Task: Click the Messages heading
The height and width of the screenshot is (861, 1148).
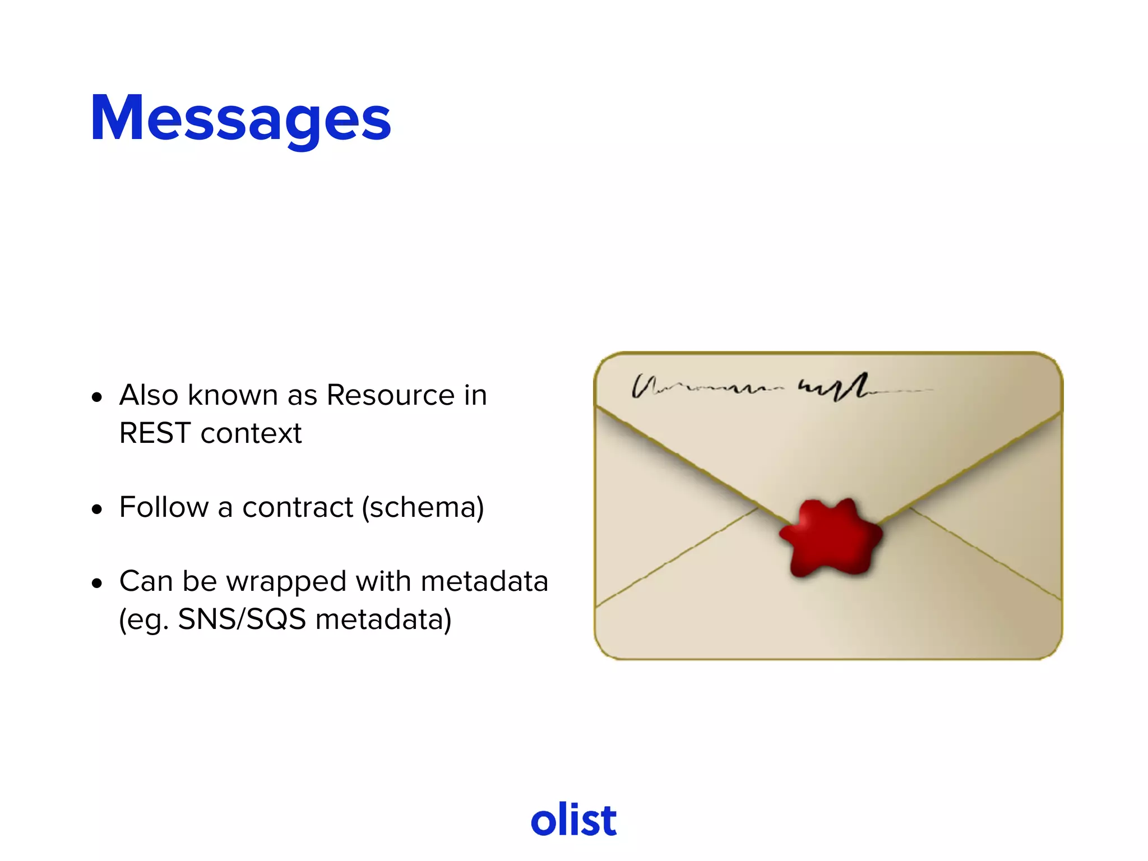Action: click(x=240, y=119)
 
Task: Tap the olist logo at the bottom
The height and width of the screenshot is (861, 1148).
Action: click(x=573, y=820)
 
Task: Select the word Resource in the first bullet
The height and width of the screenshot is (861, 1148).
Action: click(x=390, y=395)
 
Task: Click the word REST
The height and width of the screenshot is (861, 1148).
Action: click(x=155, y=433)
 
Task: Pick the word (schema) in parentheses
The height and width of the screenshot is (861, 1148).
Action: click(x=423, y=508)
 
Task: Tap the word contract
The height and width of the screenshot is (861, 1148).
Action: click(x=298, y=508)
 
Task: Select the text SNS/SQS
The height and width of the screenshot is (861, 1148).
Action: click(x=242, y=619)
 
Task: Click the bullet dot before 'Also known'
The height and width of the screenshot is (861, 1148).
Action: click(x=98, y=397)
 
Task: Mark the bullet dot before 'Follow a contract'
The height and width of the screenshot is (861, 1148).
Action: click(x=98, y=510)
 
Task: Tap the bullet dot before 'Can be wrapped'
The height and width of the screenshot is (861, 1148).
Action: click(x=98, y=584)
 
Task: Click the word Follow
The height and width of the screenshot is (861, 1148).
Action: click(x=164, y=507)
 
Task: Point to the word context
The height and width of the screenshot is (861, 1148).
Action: click(x=251, y=434)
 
